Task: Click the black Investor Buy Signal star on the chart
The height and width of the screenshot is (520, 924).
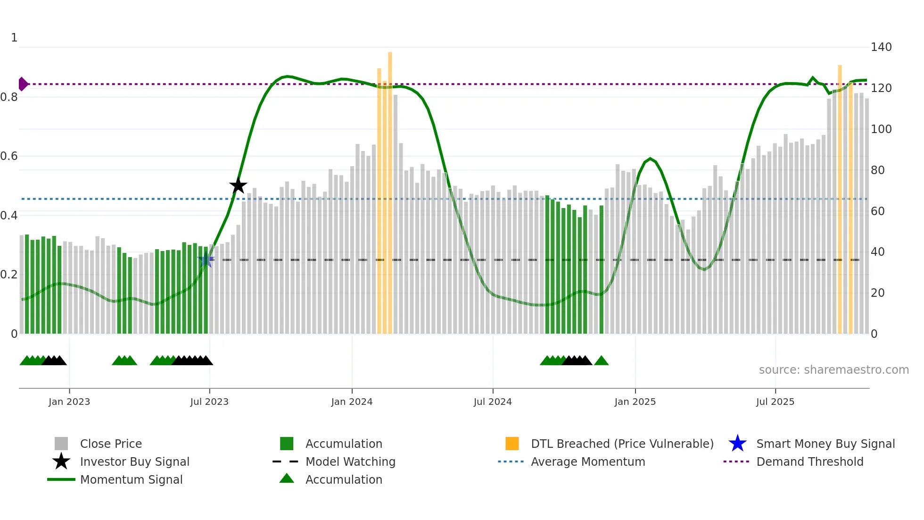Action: [238, 185]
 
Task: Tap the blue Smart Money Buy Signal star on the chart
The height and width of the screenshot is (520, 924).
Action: [206, 260]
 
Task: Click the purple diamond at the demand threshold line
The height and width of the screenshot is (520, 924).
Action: [23, 84]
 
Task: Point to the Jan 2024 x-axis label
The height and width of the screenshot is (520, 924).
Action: [352, 402]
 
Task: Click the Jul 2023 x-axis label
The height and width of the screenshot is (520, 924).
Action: [209, 402]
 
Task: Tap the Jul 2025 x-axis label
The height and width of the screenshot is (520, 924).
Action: [775, 402]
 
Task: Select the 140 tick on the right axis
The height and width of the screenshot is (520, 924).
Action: [881, 47]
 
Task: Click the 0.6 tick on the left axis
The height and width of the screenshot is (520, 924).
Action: [9, 156]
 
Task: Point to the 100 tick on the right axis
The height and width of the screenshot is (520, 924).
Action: [881, 129]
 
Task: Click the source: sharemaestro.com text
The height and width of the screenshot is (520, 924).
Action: [833, 370]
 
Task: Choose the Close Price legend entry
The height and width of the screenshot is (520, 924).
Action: [111, 444]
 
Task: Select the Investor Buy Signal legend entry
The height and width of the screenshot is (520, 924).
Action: [134, 461]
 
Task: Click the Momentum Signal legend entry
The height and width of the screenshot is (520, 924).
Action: [131, 479]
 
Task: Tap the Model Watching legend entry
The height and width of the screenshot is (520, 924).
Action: [350, 461]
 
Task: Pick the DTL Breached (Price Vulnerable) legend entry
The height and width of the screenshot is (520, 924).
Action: [622, 444]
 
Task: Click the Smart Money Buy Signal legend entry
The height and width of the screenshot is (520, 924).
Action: [825, 444]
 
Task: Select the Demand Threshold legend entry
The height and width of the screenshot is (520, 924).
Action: [809, 461]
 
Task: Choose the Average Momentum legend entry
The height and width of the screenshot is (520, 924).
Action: [588, 461]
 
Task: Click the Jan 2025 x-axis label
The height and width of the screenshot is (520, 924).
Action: [635, 402]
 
